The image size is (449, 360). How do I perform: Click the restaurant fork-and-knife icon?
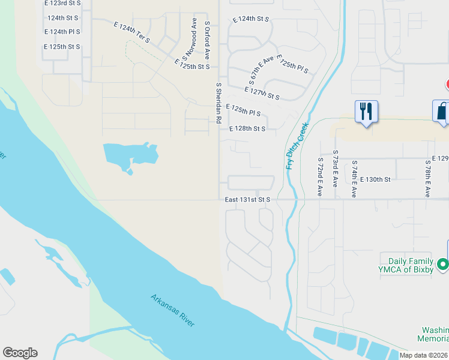tap(366, 112)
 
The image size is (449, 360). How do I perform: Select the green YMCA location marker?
tap(443, 264)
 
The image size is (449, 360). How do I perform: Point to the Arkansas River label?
tap(173, 310)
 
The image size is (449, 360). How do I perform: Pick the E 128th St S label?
tap(247, 128)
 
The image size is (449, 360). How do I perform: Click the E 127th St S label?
tap(262, 93)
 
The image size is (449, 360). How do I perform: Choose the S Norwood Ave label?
tap(190, 42)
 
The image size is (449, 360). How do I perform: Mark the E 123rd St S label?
tap(62, 3)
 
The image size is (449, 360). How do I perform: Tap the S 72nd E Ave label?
tap(319, 178)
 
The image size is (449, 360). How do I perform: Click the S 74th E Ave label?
tap(354, 179)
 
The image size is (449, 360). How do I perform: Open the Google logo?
tap(20, 353)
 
